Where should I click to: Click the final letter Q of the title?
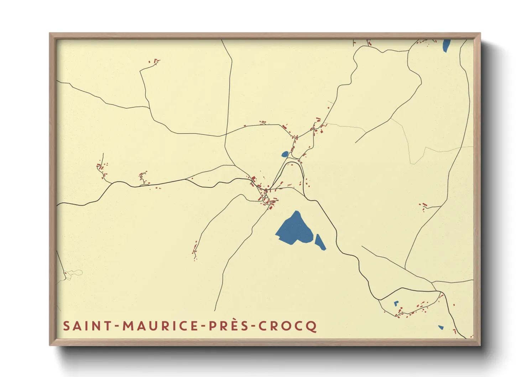pos(312,326)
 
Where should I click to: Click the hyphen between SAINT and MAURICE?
pos(117,326)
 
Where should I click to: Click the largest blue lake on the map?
pos(294,229)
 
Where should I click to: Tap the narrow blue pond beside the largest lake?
pos(320,242)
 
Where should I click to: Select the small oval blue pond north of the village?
pos(285,154)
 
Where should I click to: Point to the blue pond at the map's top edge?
pos(446,45)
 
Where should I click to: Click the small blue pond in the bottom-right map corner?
pos(441,327)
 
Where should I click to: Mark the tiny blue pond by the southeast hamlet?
pos(396,304)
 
